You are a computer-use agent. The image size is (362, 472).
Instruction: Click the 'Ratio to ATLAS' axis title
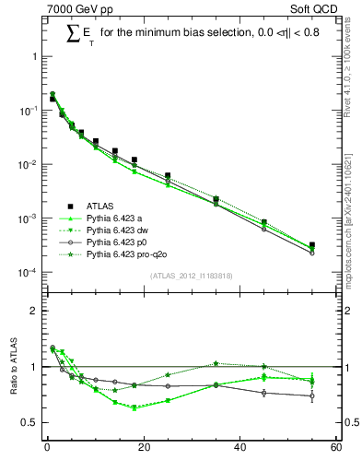pos(12,367)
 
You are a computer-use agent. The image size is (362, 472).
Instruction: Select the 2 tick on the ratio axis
pos(35,311)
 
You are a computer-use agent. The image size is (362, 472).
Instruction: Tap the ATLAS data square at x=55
pos(312,245)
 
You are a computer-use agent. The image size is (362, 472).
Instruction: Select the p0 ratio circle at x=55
pos(312,396)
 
